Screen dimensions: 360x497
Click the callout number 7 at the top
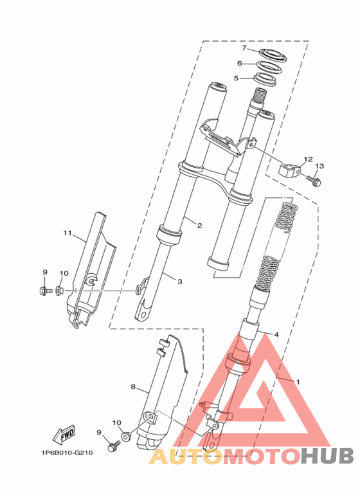click(244, 48)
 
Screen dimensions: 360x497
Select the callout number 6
click(240, 64)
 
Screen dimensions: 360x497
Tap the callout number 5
click(236, 78)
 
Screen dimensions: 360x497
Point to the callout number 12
click(308, 159)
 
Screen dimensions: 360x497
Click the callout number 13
click(319, 166)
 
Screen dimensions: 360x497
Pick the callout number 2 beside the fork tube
click(200, 226)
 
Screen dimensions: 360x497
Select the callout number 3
click(180, 281)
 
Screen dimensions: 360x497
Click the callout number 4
click(276, 334)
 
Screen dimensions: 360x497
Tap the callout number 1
click(297, 382)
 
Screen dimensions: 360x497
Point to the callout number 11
click(67, 233)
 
